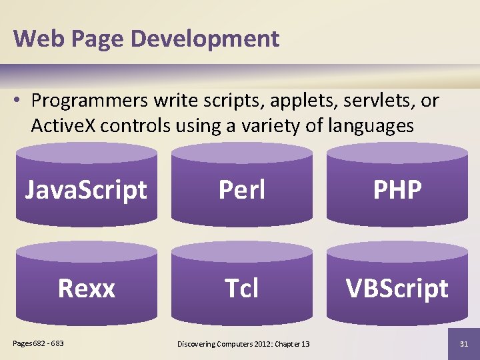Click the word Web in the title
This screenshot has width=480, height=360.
pyautogui.click(x=34, y=39)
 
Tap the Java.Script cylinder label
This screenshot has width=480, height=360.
pyautogui.click(x=86, y=190)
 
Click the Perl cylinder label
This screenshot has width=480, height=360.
pyautogui.click(x=242, y=190)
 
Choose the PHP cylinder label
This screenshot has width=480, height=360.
pyautogui.click(x=397, y=190)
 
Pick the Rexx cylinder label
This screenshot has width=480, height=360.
pyautogui.click(x=86, y=289)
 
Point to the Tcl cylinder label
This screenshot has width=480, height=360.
pyautogui.click(x=242, y=289)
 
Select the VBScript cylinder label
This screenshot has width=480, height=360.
pyautogui.click(x=397, y=289)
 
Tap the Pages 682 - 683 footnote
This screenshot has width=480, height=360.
pyautogui.click(x=39, y=343)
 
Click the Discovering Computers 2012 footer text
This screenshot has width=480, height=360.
pyautogui.click(x=243, y=343)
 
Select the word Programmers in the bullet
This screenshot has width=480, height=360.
pyautogui.click(x=90, y=101)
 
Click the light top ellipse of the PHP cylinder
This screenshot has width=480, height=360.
pyautogui.click(x=397, y=153)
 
